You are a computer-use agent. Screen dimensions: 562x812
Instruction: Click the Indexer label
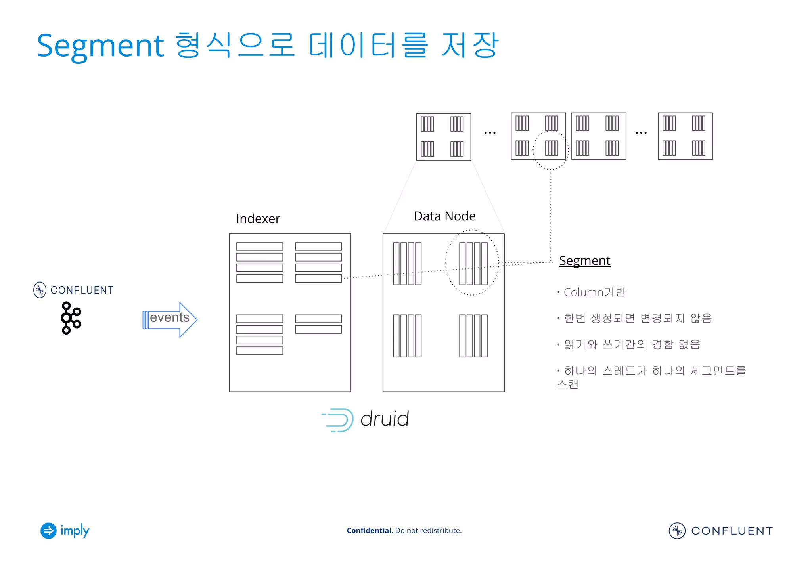(x=258, y=219)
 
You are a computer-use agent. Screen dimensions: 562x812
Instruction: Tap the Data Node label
(x=444, y=216)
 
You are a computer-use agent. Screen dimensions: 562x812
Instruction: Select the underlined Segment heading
(x=584, y=261)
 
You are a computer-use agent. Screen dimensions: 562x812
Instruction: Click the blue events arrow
(x=170, y=319)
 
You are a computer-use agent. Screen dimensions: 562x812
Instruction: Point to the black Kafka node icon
(x=71, y=318)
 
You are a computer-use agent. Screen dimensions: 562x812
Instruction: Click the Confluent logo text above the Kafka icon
(x=82, y=290)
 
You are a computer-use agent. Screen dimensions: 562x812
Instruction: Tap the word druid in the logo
(x=384, y=419)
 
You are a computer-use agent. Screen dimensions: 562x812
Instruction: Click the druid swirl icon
(x=338, y=420)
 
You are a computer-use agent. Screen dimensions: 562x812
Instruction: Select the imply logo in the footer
(x=65, y=530)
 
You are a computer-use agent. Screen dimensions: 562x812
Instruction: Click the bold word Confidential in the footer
(x=369, y=530)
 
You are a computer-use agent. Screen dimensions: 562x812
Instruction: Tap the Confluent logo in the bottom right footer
(x=720, y=530)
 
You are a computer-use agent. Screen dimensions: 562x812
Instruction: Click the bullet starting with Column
(x=594, y=292)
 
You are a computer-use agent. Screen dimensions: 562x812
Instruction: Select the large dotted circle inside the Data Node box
(x=472, y=262)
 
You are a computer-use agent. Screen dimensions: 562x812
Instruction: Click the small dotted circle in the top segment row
(x=550, y=150)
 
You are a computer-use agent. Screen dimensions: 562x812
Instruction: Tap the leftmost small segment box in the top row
(x=443, y=137)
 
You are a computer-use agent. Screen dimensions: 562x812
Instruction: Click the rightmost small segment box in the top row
(x=685, y=136)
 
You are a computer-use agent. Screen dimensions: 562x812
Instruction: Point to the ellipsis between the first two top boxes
(x=490, y=132)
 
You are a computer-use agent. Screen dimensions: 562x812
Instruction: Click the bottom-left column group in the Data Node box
(x=407, y=336)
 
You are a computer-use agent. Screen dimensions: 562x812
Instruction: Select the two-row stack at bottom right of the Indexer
(x=318, y=324)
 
